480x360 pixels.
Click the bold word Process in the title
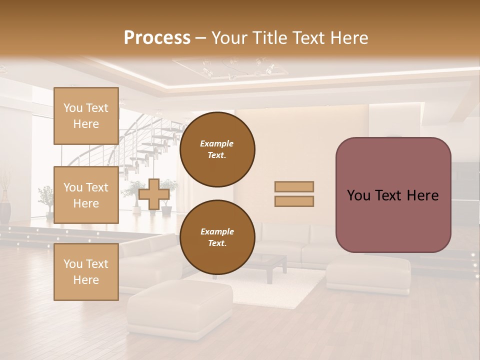coord(157,37)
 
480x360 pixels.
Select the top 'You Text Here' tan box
coord(86,116)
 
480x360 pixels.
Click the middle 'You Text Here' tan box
coord(86,195)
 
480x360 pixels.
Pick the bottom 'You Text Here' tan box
coord(86,272)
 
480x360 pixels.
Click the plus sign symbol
coord(153,194)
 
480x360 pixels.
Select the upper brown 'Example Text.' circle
coord(217,149)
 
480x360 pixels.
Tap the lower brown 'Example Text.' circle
coord(217,237)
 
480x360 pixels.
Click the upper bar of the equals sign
coord(294,186)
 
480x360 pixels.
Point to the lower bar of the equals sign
coord(294,201)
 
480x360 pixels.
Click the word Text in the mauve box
coord(392,195)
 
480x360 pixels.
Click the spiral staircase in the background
coord(150,145)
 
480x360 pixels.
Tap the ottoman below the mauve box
coord(369,274)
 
